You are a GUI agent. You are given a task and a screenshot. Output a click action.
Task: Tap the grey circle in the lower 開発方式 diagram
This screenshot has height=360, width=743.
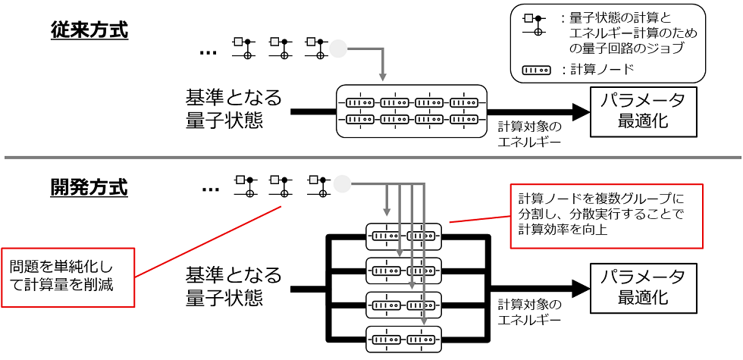[342, 183]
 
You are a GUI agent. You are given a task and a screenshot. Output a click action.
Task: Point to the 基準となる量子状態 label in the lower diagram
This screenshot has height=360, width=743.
[234, 286]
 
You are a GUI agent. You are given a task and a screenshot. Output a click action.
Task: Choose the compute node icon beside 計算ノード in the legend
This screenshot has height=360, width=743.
[537, 70]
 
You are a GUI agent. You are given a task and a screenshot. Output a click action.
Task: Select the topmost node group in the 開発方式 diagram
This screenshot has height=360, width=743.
[403, 236]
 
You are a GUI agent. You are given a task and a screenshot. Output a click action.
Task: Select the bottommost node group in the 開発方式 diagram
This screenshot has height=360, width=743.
[403, 337]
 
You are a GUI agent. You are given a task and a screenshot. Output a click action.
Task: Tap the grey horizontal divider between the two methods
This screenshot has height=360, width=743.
[371, 157]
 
